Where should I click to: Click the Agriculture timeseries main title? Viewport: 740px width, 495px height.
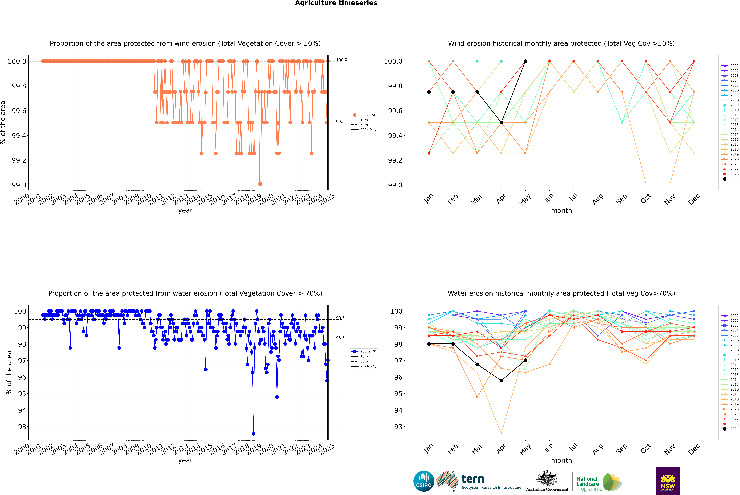pyautogui.click(x=336, y=3)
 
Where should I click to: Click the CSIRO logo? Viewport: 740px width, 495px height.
pyautogui.click(x=424, y=481)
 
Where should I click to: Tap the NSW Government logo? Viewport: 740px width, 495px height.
pyautogui.click(x=668, y=481)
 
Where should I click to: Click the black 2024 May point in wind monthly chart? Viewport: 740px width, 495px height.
pyautogui.click(x=525, y=61)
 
